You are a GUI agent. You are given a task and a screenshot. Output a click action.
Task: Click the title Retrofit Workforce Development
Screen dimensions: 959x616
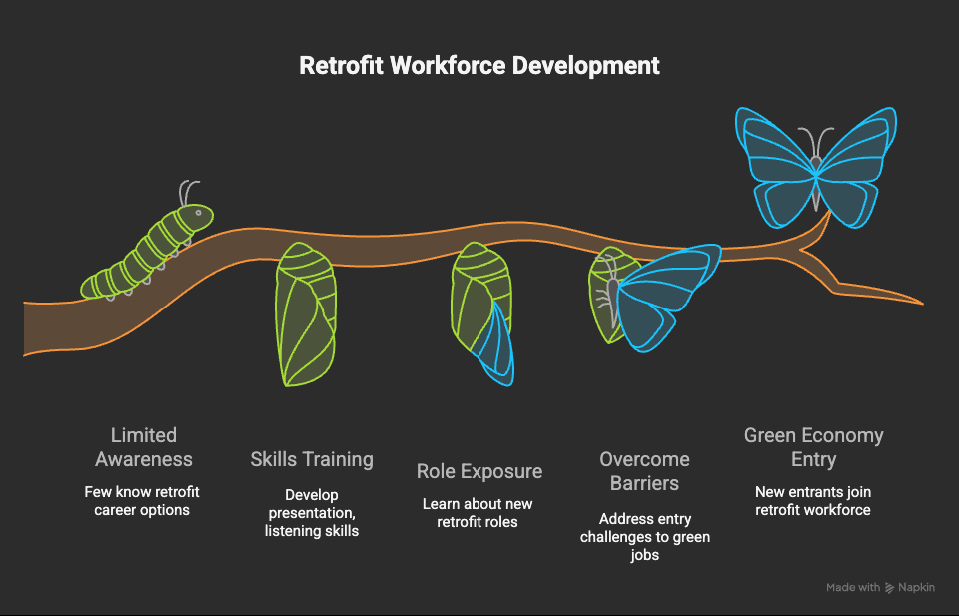[x=479, y=65]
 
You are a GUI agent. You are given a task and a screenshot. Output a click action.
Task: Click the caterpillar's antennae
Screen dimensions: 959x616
[x=189, y=193]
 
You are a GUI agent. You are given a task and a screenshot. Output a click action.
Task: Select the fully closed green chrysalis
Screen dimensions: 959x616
[x=306, y=314]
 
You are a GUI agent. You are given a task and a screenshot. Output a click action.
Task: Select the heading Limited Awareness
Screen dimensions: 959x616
[x=144, y=447]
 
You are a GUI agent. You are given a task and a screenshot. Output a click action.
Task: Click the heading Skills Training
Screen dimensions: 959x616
[x=312, y=459]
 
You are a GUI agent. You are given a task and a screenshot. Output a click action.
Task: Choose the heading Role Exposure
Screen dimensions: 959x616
[x=479, y=472]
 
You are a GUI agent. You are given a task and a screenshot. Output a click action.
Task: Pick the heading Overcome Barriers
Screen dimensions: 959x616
[x=644, y=471]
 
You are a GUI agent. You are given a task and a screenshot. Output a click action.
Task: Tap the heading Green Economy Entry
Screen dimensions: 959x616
[x=813, y=447]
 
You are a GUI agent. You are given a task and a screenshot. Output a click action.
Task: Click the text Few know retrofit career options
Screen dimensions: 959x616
[x=142, y=501]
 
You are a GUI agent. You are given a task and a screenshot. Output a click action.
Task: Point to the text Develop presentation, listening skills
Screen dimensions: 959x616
[x=312, y=513]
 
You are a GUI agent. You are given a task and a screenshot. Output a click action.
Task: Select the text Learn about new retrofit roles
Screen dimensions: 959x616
[x=478, y=513]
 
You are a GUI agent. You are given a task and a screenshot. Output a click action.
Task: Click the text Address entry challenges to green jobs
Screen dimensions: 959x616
[x=645, y=537]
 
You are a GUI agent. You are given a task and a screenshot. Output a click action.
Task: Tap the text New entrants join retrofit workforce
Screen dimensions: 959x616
[x=813, y=501]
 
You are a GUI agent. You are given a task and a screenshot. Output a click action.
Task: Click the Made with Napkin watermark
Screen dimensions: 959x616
[x=881, y=587]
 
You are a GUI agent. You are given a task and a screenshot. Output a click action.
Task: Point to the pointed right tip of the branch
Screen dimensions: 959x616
[x=922, y=303]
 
